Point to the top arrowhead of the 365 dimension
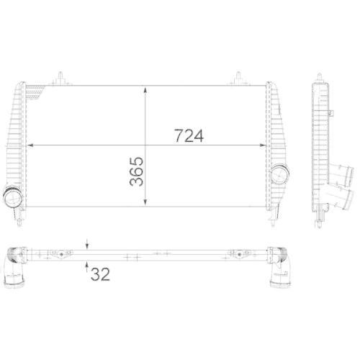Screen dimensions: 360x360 click(147, 90)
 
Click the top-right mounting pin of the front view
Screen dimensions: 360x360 click(237, 76)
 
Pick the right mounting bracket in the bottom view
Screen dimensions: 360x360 click(235, 253)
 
